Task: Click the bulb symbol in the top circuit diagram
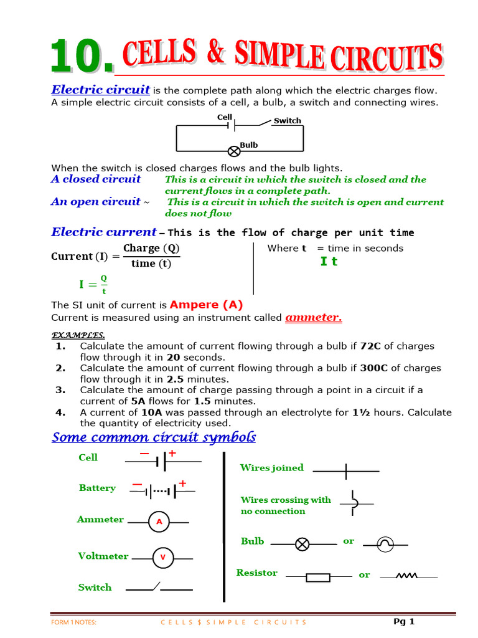[x=234, y=151]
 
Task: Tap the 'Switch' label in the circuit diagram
[x=287, y=121]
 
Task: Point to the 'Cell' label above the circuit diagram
[x=225, y=117]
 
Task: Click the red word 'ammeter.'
[x=314, y=318]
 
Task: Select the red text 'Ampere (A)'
[x=206, y=305]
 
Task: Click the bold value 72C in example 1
[x=370, y=346]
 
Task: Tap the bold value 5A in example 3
[x=139, y=401]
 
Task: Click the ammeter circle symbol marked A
[x=159, y=522]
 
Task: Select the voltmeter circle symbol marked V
[x=162, y=558]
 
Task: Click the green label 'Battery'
[x=97, y=488]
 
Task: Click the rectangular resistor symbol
[x=318, y=578]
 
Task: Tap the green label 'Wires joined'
[x=272, y=468]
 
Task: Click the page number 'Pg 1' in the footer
[x=404, y=621]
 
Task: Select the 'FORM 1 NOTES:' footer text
[x=73, y=622]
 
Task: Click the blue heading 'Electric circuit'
[x=100, y=90]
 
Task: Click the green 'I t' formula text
[x=329, y=262]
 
